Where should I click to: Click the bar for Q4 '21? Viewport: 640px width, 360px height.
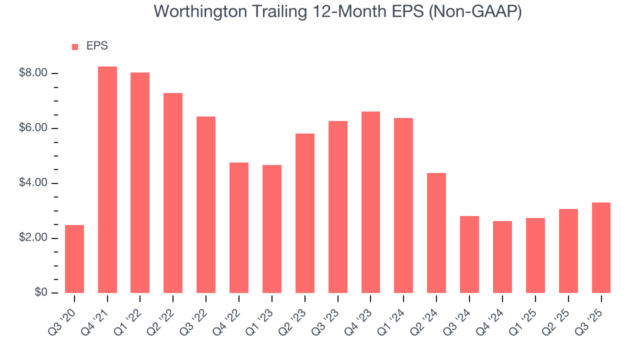tap(107, 180)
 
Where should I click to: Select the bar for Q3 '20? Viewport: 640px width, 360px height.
tap(74, 259)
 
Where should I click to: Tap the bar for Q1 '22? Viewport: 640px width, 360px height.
tap(140, 183)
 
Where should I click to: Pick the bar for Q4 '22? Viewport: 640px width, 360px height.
tap(239, 228)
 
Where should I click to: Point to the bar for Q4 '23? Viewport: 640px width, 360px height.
tap(370, 202)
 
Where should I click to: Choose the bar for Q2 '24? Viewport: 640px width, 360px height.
tap(436, 233)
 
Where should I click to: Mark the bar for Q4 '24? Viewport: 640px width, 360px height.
tap(502, 257)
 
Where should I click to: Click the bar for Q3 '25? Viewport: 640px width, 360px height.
tap(601, 248)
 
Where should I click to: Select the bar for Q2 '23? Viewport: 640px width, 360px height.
tap(305, 213)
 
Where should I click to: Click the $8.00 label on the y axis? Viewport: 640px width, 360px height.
tap(33, 73)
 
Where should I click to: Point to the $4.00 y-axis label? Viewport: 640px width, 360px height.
tap(33, 183)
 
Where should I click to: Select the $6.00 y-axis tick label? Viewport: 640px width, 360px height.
tap(33, 128)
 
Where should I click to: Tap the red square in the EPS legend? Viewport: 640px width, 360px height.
tap(75, 46)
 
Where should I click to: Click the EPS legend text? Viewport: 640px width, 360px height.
tap(97, 46)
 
